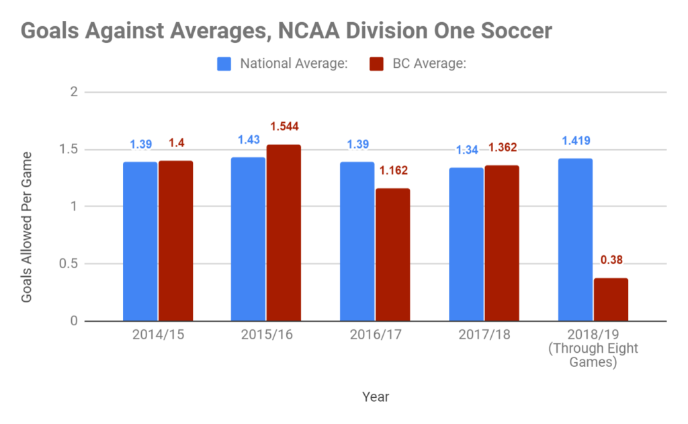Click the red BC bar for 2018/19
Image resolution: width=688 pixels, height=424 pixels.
[x=611, y=300]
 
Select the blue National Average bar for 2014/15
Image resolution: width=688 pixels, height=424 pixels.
[x=140, y=241]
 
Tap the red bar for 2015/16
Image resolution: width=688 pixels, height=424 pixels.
[x=284, y=233]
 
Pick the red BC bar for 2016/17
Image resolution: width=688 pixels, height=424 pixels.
[x=392, y=255]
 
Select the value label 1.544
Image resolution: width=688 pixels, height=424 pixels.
[x=284, y=126]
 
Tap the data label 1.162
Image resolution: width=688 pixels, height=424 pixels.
[x=393, y=171]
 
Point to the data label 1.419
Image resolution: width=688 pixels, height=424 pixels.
[x=576, y=142]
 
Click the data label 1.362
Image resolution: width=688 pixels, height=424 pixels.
[x=501, y=148]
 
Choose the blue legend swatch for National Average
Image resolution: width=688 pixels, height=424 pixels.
[x=224, y=65]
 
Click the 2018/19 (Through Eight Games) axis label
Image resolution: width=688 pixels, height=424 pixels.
[x=593, y=348]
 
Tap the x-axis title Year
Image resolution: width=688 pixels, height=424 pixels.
[x=375, y=396]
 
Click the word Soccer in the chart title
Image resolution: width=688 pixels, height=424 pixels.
[x=511, y=32]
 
